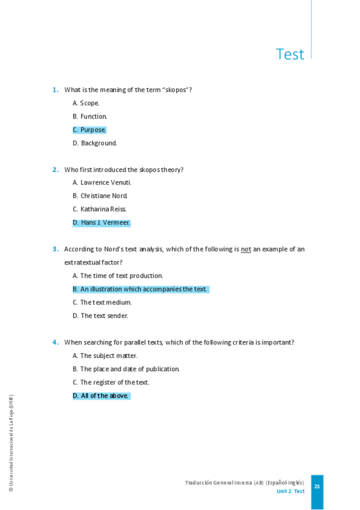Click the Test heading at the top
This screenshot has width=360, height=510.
pyautogui.click(x=290, y=54)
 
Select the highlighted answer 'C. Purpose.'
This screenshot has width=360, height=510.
pyautogui.click(x=90, y=130)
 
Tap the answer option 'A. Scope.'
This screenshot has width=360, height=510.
pyautogui.click(x=86, y=103)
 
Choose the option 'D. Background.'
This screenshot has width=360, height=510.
pyautogui.click(x=95, y=143)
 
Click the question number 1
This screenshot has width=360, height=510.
pyautogui.click(x=55, y=90)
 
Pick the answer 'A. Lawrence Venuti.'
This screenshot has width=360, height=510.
pyautogui.click(x=102, y=183)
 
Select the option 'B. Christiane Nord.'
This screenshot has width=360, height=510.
pyautogui.click(x=100, y=196)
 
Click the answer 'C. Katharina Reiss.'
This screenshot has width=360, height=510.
pyautogui.click(x=99, y=209)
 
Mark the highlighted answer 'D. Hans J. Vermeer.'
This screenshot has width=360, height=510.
pyautogui.click(x=102, y=223)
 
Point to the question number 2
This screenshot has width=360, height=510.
pyautogui.click(x=55, y=170)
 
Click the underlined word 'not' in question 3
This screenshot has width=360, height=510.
pyautogui.click(x=246, y=249)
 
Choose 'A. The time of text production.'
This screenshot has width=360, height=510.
pyautogui.click(x=118, y=276)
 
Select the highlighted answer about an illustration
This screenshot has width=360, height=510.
pyautogui.click(x=140, y=289)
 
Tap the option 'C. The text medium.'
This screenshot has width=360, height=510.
pyautogui.click(x=102, y=303)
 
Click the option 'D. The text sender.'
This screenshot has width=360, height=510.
pyautogui.click(x=100, y=316)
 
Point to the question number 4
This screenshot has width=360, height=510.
pyautogui.click(x=55, y=342)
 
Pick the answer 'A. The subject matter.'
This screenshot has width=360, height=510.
pyautogui.click(x=105, y=356)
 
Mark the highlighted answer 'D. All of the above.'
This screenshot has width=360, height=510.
pyautogui.click(x=101, y=396)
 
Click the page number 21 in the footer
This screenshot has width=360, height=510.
pyautogui.click(x=317, y=487)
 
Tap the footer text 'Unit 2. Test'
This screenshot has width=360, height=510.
pyautogui.click(x=290, y=491)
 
